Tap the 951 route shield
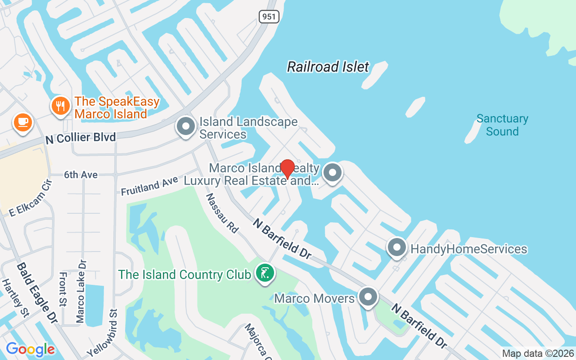click(x=269, y=17)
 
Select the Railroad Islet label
click(x=328, y=67)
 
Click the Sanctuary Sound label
click(x=502, y=125)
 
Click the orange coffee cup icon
click(x=22, y=122)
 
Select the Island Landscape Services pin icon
click(x=185, y=126)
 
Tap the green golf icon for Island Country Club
click(x=265, y=273)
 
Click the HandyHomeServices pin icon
click(x=397, y=248)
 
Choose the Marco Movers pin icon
click(x=368, y=297)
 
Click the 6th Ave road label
click(x=81, y=175)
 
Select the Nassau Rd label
click(x=222, y=213)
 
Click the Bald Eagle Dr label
click(x=37, y=293)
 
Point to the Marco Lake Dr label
click(x=81, y=291)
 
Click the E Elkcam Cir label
click(x=31, y=198)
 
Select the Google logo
click(x=30, y=349)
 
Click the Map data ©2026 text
click(x=538, y=354)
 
